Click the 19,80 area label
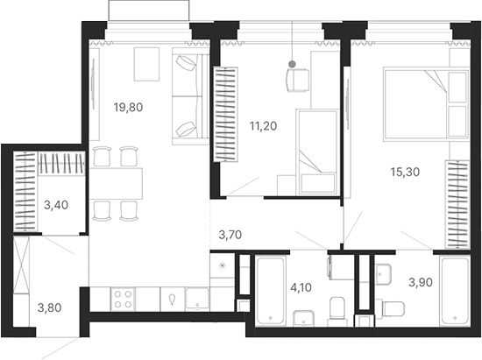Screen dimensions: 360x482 (127, 108)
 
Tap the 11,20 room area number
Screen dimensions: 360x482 (263, 125)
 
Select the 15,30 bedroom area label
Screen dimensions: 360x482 (404, 172)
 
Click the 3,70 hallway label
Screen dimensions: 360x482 (233, 234)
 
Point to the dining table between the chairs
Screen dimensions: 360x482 (118, 183)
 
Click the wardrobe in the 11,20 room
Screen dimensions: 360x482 (225, 114)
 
